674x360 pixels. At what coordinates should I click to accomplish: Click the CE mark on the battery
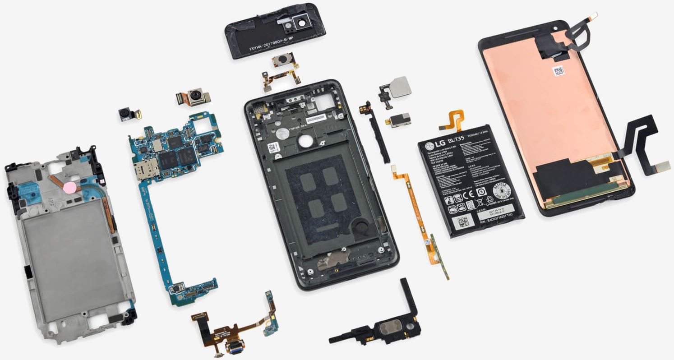(x=469, y=196)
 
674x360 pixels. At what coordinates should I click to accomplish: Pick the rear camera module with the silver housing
(x=195, y=97)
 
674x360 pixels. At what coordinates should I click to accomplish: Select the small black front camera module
(x=125, y=114)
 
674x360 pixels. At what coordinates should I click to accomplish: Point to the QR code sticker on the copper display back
(x=558, y=71)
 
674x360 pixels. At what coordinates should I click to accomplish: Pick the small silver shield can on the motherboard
(x=157, y=145)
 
